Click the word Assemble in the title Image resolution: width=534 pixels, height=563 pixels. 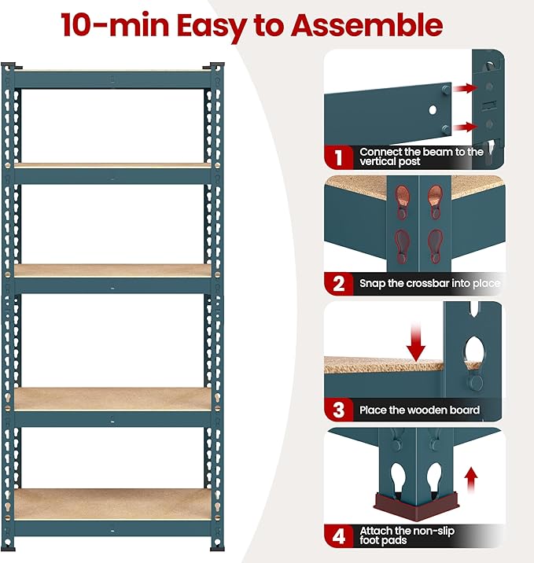pos(366,25)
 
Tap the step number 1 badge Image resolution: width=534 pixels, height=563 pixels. pos(339,156)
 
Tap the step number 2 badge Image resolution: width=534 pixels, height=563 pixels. pos(339,283)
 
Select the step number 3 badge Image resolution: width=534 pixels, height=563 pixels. pos(339,409)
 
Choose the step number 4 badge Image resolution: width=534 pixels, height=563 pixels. pos(339,536)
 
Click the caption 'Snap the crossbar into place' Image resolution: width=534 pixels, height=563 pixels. pos(429,283)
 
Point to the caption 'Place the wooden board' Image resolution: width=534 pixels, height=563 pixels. pos(419,410)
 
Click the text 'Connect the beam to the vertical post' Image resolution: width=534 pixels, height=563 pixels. pos(421,156)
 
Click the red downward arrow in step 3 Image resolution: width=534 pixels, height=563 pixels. pos(416,343)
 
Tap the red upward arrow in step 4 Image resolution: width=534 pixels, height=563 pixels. pos(471,477)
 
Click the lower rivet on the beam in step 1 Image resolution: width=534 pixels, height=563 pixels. pos(446,128)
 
